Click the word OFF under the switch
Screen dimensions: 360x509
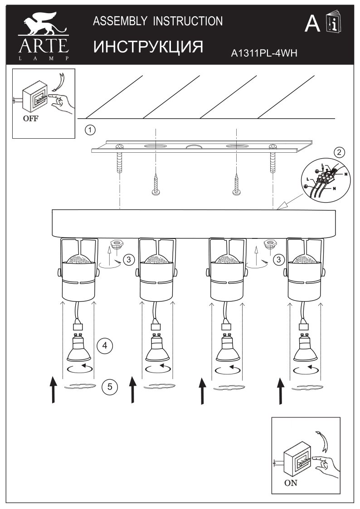[30, 118]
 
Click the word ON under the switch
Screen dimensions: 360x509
[291, 483]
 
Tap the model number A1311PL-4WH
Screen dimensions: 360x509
[264, 53]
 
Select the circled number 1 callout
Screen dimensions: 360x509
[90, 130]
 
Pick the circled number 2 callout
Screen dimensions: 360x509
[339, 152]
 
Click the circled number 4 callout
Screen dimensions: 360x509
[105, 345]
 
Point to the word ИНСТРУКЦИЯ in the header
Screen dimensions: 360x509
[148, 47]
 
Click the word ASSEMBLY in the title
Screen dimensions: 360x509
[120, 21]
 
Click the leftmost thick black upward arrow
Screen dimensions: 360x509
[54, 389]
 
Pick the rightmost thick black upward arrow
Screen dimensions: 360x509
[281, 391]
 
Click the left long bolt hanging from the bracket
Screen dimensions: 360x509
[120, 162]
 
